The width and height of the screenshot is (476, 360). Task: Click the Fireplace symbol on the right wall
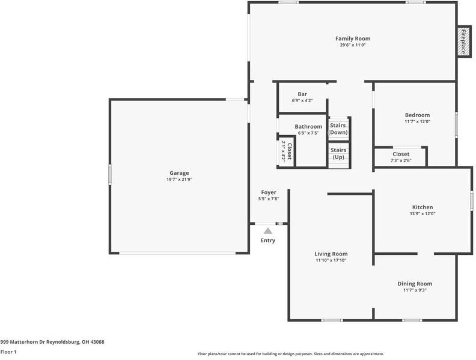(x=463, y=42)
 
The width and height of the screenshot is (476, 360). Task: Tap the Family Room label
(x=353, y=38)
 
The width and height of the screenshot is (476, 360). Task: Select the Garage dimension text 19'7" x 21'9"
(x=179, y=179)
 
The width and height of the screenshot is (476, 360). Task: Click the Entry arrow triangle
(x=267, y=230)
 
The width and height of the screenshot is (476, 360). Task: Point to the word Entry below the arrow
(x=267, y=240)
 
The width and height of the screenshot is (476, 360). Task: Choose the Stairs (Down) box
(x=338, y=129)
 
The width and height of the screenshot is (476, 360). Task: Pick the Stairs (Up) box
(x=338, y=153)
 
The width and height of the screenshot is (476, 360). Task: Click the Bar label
(x=302, y=94)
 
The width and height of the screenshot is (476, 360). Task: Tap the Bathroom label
(x=308, y=126)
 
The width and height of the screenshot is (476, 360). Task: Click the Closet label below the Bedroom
(x=401, y=154)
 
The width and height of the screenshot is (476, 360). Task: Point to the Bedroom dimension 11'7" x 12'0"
(x=417, y=121)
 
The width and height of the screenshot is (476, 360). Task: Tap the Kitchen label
(x=422, y=207)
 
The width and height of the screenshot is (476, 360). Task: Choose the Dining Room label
(x=415, y=284)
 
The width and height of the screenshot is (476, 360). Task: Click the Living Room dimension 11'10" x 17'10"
(x=331, y=260)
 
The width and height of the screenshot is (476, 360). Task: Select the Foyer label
(x=269, y=192)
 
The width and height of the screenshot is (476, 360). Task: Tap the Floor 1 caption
(x=8, y=352)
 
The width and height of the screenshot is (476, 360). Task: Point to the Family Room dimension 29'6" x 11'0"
(x=353, y=45)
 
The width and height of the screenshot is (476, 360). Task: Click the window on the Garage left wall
(x=109, y=175)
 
